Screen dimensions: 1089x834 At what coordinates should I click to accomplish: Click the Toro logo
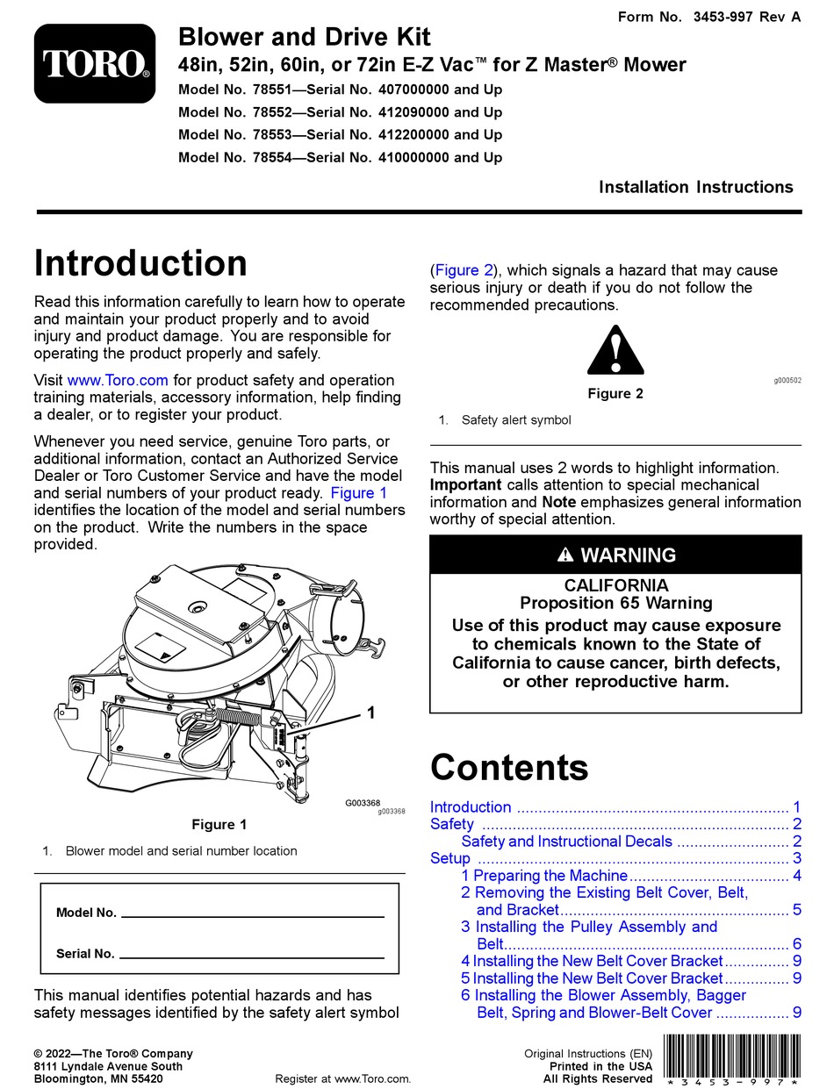[x=95, y=63]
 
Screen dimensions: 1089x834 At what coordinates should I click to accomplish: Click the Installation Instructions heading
[x=695, y=187]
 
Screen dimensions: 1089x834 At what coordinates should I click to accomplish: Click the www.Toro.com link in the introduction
[x=117, y=380]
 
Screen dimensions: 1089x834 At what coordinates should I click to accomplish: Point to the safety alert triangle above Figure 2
[x=615, y=351]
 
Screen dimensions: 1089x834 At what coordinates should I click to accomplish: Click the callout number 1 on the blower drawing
[x=370, y=713]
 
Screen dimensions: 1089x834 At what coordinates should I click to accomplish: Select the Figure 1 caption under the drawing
[x=219, y=825]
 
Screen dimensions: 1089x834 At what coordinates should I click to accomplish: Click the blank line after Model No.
[x=252, y=913]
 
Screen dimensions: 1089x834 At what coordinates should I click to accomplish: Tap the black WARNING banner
[x=615, y=555]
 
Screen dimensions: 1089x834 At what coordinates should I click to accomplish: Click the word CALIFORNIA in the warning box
[x=615, y=585]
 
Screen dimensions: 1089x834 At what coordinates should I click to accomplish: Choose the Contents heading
[x=509, y=768]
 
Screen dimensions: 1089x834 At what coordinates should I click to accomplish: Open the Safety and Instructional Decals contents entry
[x=566, y=842]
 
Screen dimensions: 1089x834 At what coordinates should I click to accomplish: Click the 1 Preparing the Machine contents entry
[x=544, y=876]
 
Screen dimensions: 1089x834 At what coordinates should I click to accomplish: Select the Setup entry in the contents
[x=450, y=858]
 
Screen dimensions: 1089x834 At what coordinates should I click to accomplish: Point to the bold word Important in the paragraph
[x=465, y=485]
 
